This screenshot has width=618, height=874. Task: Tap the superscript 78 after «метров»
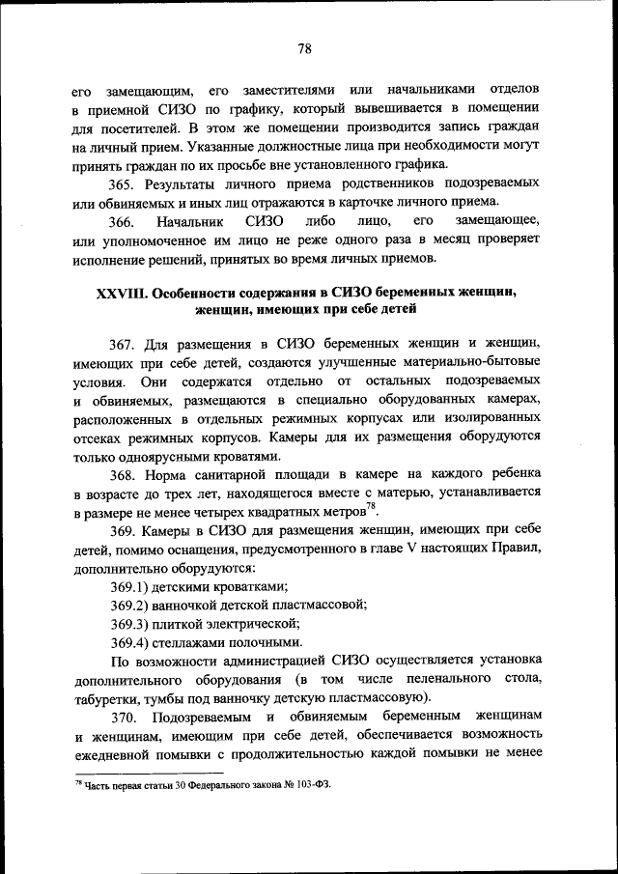[371, 508]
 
